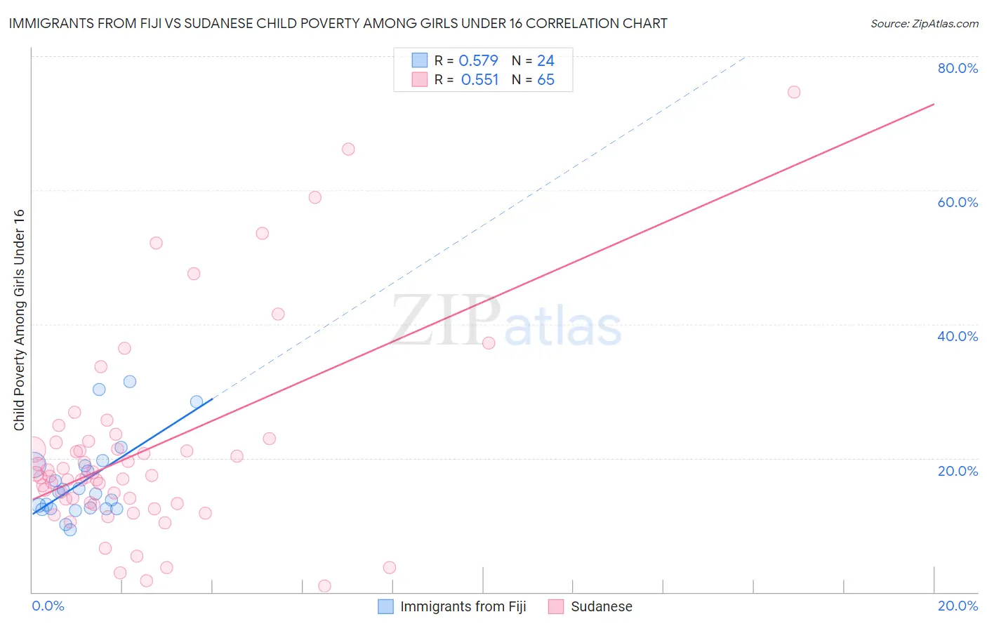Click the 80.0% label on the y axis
958,68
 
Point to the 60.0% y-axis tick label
958,202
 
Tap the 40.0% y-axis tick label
958,336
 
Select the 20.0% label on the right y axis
958,471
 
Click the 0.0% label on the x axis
48,606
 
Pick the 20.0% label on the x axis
958,606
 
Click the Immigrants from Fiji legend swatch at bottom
385,606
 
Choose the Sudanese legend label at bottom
601,606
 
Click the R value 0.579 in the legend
478,61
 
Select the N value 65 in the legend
545,80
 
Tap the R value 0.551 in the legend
479,80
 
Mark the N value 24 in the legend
545,61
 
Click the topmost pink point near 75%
794,92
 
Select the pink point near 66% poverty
348,149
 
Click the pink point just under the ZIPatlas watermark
489,343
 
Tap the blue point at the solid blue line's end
197,402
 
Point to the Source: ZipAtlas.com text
924,24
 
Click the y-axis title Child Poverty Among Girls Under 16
19,319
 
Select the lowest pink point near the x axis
324,586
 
